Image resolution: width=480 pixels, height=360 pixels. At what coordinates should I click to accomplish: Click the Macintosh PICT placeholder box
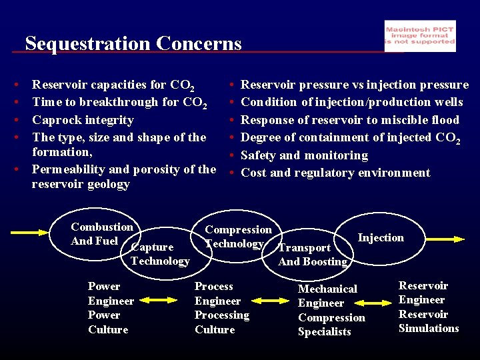[x=420, y=36]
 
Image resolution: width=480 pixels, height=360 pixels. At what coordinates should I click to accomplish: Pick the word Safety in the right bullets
[x=258, y=155]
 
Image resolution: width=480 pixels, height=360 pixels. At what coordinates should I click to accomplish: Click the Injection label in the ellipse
[x=381, y=238]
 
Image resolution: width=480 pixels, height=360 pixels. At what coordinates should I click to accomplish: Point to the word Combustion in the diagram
[x=102, y=227]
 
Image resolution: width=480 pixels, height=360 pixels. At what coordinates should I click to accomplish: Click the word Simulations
[x=429, y=328]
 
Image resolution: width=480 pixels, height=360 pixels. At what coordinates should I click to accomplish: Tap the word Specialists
[x=324, y=332]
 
